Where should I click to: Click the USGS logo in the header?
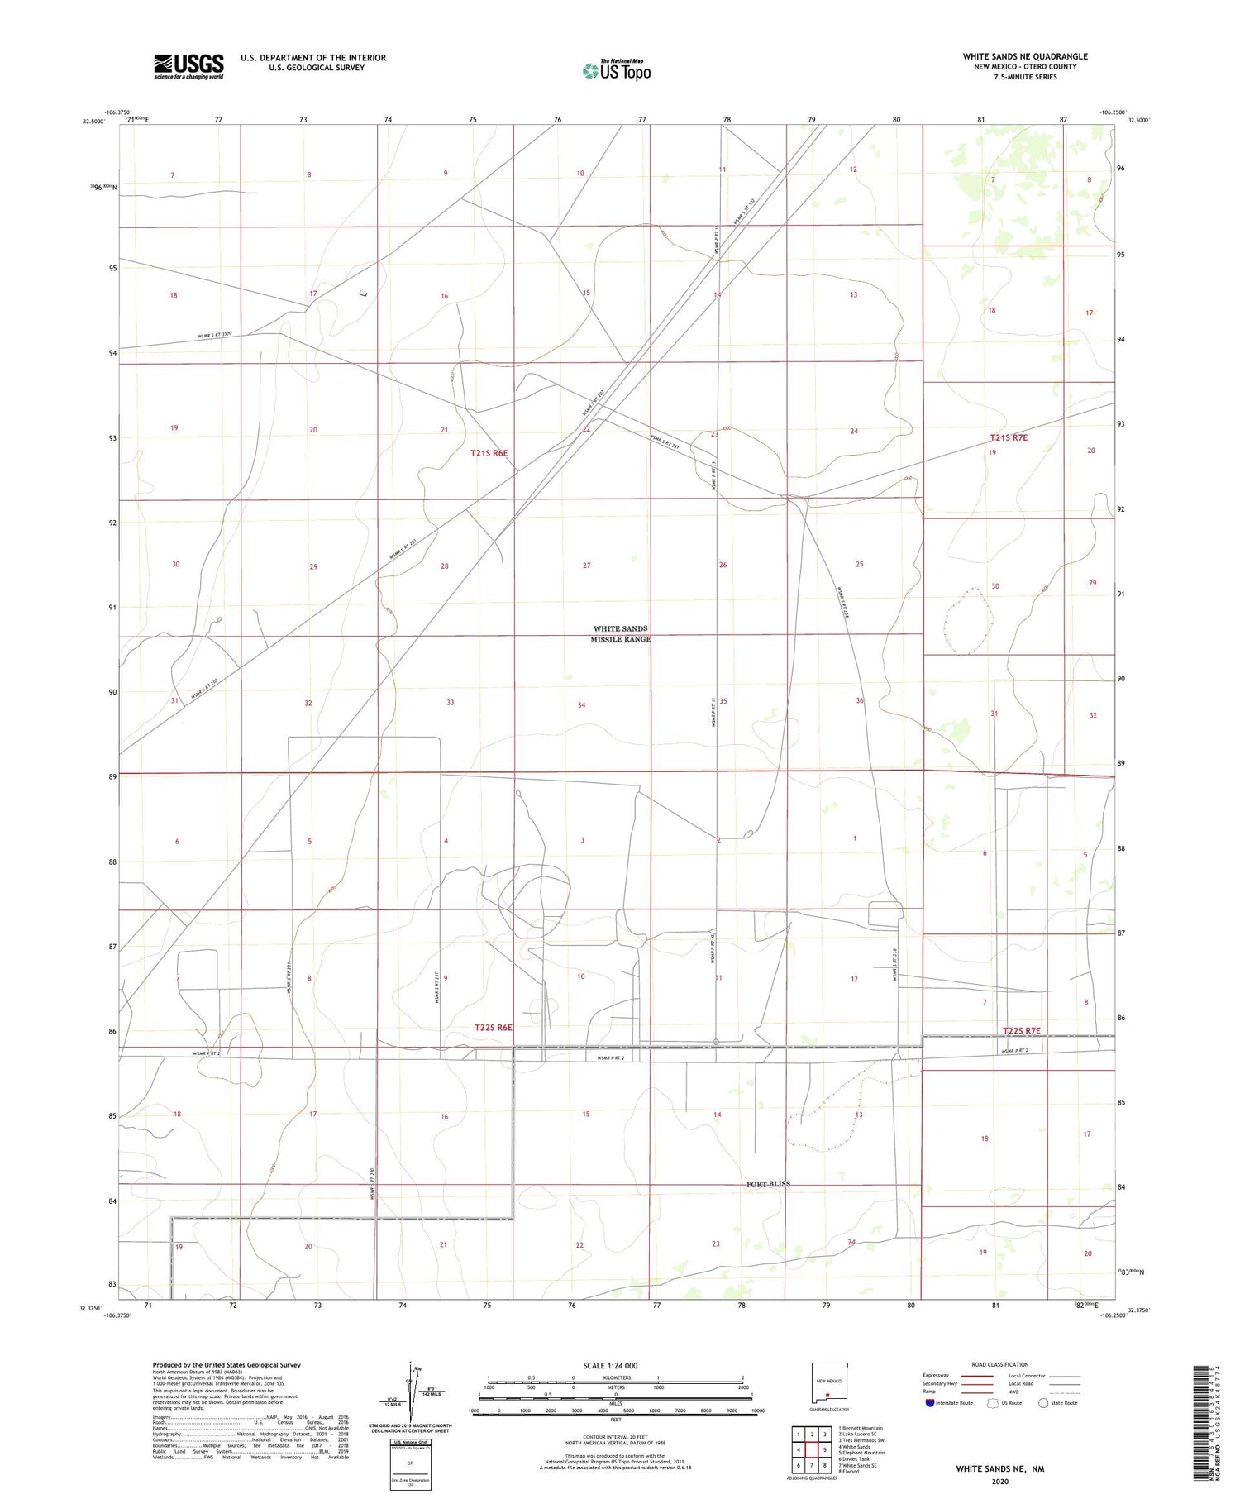click(x=188, y=66)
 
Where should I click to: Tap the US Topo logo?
click(x=617, y=71)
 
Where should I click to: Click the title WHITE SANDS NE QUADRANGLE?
click(x=1024, y=56)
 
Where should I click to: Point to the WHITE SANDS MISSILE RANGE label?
click(x=621, y=634)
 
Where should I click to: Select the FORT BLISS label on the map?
click(x=768, y=1184)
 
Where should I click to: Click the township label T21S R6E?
click(x=489, y=453)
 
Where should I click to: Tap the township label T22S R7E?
click(x=1021, y=1030)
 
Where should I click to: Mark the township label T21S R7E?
click(x=1009, y=437)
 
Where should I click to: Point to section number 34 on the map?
click(x=581, y=705)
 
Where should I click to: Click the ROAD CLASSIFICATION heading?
click(x=999, y=1364)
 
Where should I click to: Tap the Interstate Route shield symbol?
click(x=929, y=1402)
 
